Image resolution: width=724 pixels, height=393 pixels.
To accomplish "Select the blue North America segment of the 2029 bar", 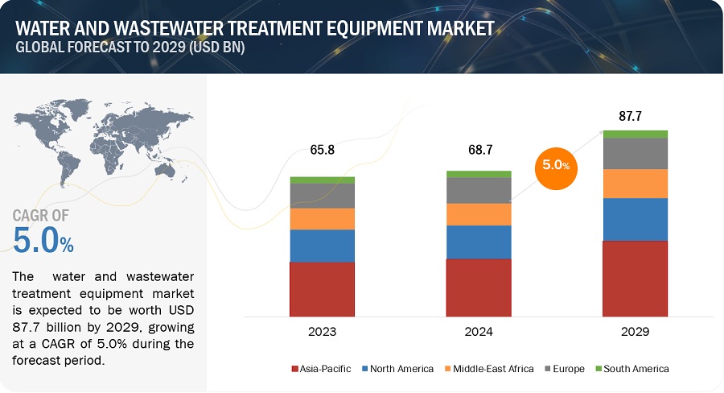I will (636, 219).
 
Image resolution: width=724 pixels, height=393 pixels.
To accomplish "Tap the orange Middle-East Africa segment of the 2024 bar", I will (479, 214).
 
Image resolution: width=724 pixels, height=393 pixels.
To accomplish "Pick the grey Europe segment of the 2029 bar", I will (636, 153).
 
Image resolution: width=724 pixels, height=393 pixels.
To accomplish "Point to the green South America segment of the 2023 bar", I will (322, 180).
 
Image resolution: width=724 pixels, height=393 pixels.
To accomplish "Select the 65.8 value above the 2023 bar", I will (322, 150).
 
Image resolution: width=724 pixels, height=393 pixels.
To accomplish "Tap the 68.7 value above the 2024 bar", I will (479, 150).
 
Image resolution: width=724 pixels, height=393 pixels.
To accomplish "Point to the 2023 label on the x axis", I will (322, 331).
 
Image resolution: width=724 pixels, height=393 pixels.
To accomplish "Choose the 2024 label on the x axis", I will (479, 331).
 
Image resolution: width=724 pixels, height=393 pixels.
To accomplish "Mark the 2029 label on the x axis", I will (636, 331).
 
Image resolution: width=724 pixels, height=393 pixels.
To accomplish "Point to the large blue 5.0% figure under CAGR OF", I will (44, 240).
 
